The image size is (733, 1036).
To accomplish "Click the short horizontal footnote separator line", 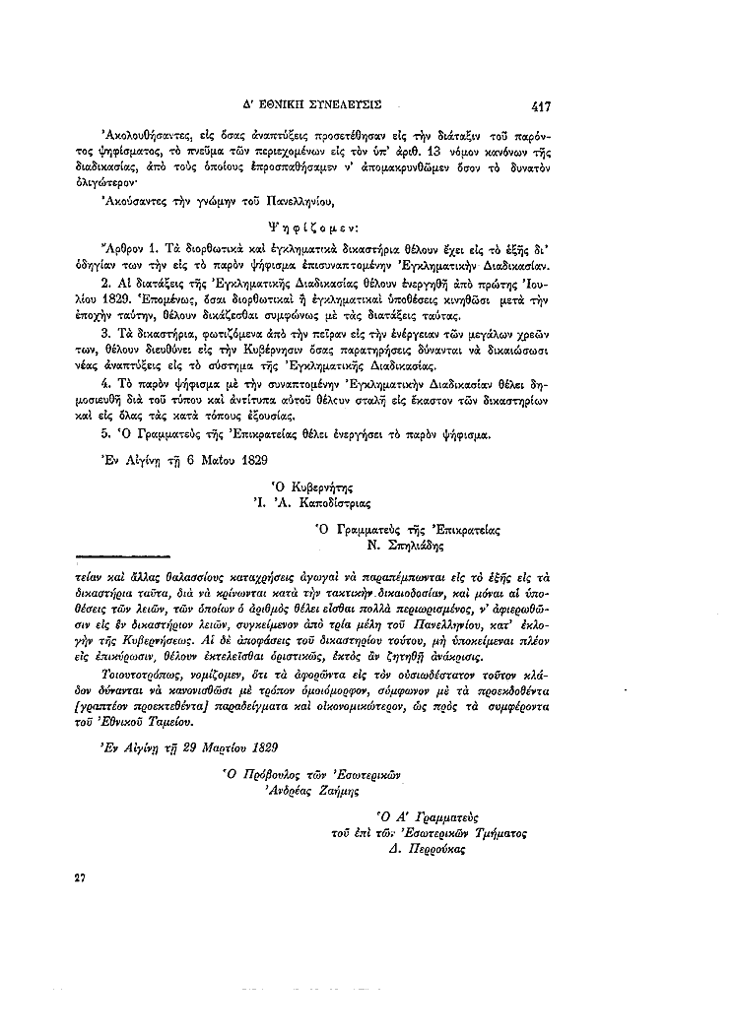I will pos(116,558).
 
